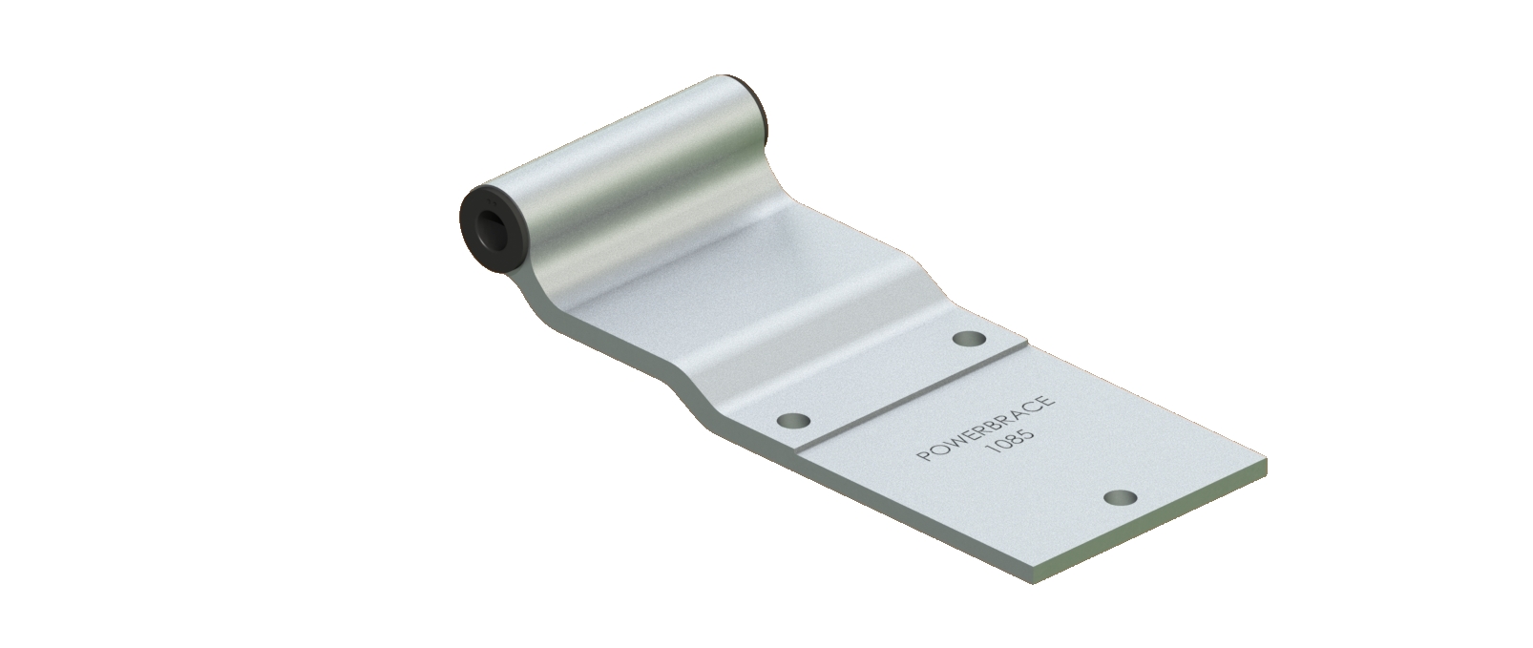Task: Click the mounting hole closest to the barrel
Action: (x=970, y=338)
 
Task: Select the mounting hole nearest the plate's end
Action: (x=1121, y=497)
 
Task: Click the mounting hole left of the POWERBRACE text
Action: (x=794, y=420)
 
